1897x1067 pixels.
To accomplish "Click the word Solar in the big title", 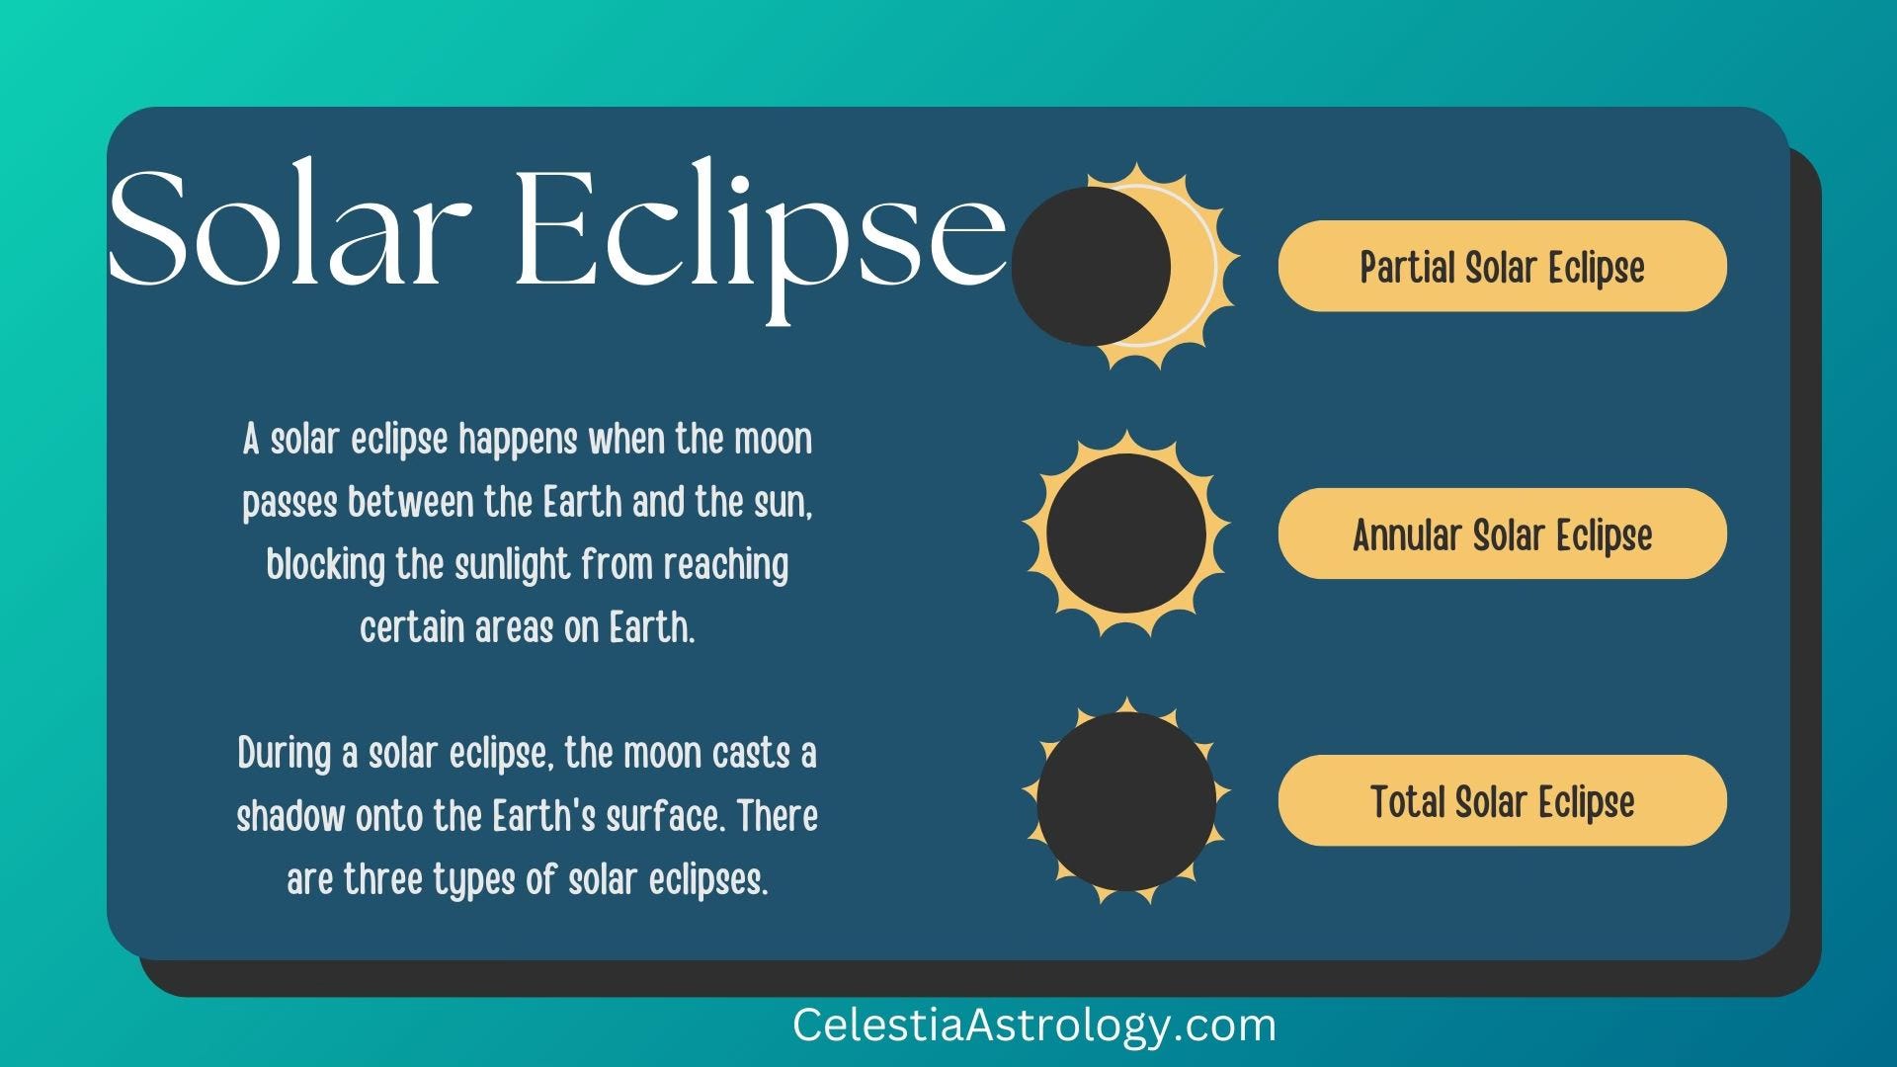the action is pyautogui.click(x=290, y=228).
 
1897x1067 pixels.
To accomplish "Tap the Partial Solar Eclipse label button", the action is pyautogui.click(x=1502, y=266).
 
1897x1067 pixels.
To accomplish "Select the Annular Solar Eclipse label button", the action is pyautogui.click(x=1502, y=533).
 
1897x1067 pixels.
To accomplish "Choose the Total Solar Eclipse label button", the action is pyautogui.click(x=1502, y=800).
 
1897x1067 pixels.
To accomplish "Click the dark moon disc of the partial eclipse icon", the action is pyautogui.click(x=1091, y=267).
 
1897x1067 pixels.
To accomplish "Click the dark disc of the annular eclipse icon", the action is pyautogui.click(x=1126, y=533).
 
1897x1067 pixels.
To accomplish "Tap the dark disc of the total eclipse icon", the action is pyautogui.click(x=1126, y=801).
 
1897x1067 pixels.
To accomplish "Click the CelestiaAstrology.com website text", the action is pyautogui.click(x=1034, y=1026).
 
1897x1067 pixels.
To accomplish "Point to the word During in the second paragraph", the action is pyautogui.click(x=285, y=754).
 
